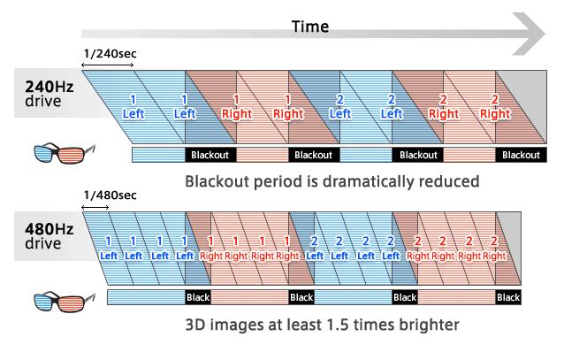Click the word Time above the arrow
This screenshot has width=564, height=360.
310,27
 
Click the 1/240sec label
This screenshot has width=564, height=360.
111,54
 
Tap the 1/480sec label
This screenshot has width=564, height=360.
111,195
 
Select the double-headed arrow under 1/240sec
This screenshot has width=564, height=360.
108,65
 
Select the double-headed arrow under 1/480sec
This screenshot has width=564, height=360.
95,207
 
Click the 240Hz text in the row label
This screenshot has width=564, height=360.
50,87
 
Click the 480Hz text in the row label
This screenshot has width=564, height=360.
50,229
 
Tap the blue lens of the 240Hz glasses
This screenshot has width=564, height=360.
44,153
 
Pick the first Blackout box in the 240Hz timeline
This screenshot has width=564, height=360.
210,155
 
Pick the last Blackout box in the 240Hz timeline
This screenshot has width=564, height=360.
522,155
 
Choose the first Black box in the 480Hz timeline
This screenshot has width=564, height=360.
198,297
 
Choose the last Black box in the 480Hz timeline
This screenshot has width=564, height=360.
508,297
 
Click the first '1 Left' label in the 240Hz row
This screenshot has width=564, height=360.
133,107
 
